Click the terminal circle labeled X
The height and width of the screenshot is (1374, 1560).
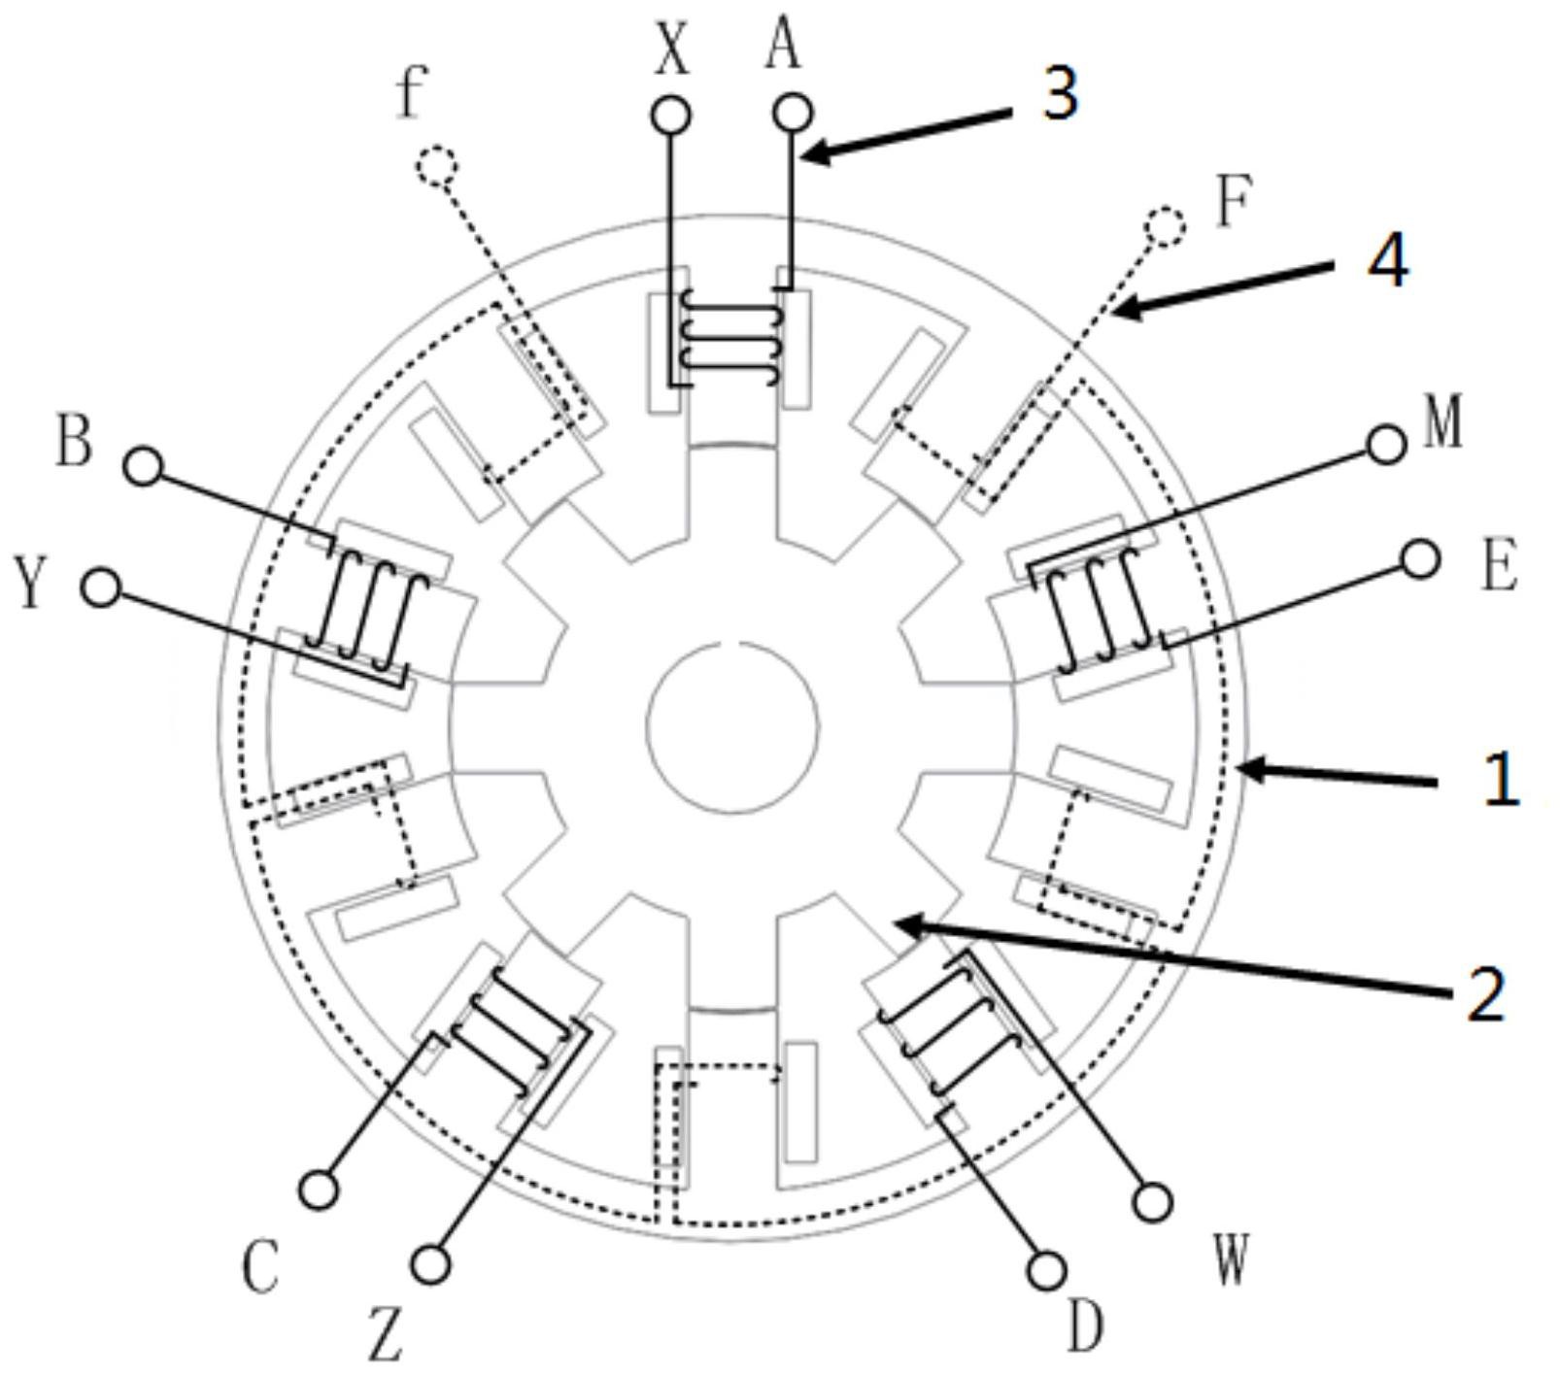click(670, 116)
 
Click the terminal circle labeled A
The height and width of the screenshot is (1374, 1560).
click(793, 113)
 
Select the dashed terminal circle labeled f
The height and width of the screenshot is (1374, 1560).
click(436, 166)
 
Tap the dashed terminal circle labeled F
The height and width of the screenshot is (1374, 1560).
click(1165, 226)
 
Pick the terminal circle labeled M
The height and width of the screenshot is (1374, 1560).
click(1386, 445)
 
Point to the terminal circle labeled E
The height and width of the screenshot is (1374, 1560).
click(1421, 559)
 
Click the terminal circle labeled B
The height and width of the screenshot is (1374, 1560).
click(144, 466)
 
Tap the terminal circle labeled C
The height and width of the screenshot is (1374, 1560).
click(319, 1190)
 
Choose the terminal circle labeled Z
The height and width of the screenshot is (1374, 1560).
click(430, 1264)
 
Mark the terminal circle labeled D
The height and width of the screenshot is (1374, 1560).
click(1046, 1270)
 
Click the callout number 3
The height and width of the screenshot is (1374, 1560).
click(1060, 94)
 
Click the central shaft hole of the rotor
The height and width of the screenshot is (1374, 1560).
click(732, 723)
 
